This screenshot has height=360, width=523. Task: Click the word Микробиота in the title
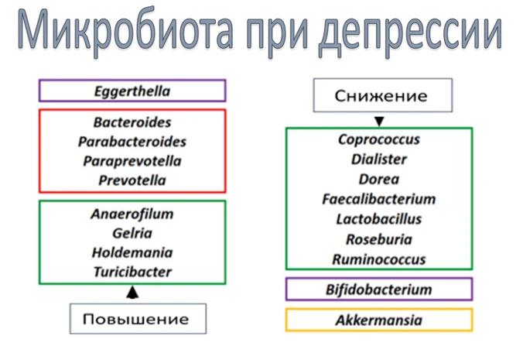pyautogui.click(x=125, y=29)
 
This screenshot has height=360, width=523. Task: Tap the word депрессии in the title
pyautogui.click(x=410, y=33)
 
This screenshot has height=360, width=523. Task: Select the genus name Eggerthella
pyautogui.click(x=132, y=91)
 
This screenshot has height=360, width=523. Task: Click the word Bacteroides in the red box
pyautogui.click(x=132, y=122)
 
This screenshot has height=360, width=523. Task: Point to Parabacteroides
pyautogui.click(x=132, y=142)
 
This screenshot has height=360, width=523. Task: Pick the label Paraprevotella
pyautogui.click(x=132, y=161)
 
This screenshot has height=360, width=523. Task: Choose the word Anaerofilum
pyautogui.click(x=132, y=214)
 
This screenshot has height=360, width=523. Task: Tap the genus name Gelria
pyautogui.click(x=132, y=233)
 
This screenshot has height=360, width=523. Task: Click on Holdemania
pyautogui.click(x=132, y=252)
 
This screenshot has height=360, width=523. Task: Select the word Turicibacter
pyautogui.click(x=132, y=272)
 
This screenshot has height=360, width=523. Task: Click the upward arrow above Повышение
pyautogui.click(x=132, y=292)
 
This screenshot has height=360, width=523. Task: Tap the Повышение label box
pyautogui.click(x=138, y=319)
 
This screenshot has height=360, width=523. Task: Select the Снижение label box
pyautogui.click(x=382, y=95)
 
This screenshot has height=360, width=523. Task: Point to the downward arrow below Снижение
pyautogui.click(x=379, y=122)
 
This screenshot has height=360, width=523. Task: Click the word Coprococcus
pyautogui.click(x=379, y=139)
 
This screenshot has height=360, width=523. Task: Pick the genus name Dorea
pyautogui.click(x=379, y=180)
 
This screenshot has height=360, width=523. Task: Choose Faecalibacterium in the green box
pyautogui.click(x=379, y=199)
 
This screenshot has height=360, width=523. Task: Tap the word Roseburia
pyautogui.click(x=379, y=239)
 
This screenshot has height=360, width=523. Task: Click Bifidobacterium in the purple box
pyautogui.click(x=379, y=290)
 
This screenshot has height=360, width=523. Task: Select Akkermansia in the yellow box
pyautogui.click(x=379, y=321)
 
